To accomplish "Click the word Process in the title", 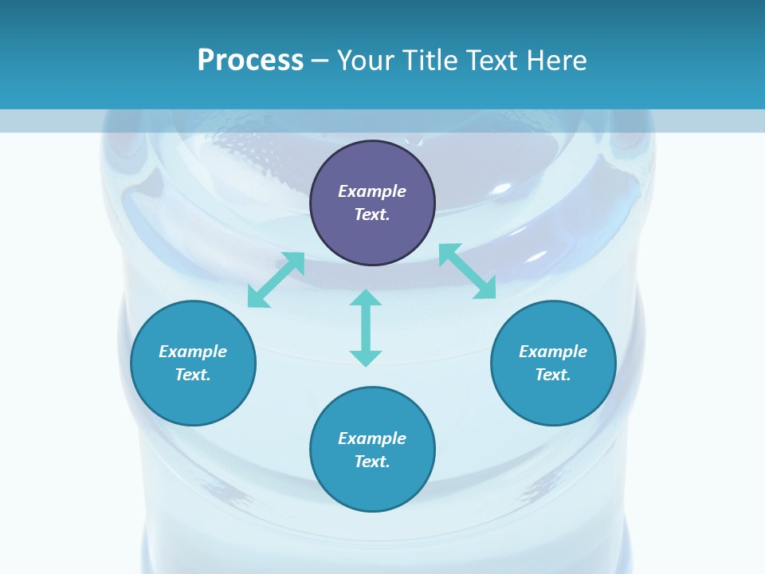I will [250, 61].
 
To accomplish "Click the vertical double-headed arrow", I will [366, 328].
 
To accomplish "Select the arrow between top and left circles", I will [276, 280].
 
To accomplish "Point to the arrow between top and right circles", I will [468, 271].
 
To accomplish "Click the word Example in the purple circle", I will [372, 191].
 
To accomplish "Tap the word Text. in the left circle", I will [193, 375].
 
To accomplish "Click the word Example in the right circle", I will [553, 352].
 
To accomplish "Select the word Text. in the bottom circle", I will [372, 462].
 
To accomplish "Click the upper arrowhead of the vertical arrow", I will [366, 298].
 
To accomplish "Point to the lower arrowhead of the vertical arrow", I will [366, 358].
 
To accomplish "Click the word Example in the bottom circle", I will [372, 438].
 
